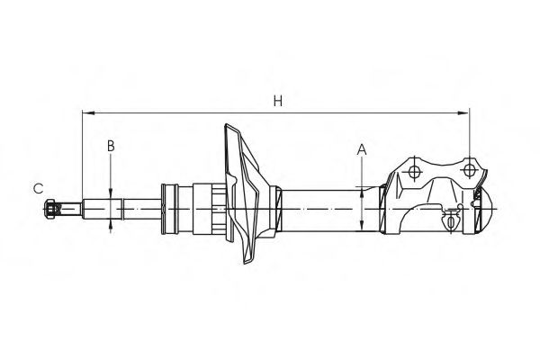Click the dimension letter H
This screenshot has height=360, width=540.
pos(279,103)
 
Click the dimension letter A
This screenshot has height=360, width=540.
pos(362,149)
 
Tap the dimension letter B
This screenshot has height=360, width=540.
pos(111,145)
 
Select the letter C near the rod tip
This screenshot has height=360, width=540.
pos(39,188)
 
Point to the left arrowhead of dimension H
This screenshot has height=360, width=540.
pos(85,113)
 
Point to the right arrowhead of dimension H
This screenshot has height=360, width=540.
pos(465,113)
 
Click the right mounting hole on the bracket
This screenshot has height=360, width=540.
pos(469,169)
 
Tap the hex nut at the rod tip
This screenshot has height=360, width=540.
pos(50,210)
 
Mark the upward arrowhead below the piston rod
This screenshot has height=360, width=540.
pos(111,226)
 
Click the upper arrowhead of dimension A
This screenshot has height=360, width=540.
pos(362,190)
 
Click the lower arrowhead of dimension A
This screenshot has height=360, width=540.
pos(362,228)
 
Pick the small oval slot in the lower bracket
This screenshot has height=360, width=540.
pos(447,219)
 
